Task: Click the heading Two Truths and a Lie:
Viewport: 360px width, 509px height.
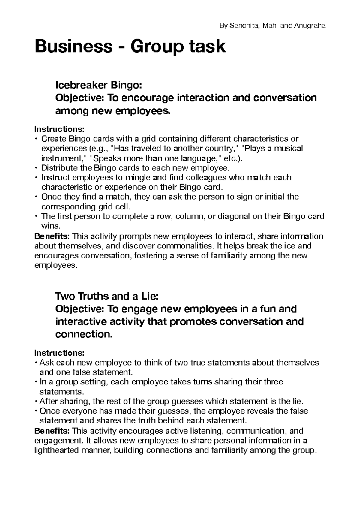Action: [x=106, y=296]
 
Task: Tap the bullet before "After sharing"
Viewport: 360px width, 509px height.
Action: [x=36, y=401]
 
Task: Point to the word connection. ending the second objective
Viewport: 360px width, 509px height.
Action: [x=84, y=334]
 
